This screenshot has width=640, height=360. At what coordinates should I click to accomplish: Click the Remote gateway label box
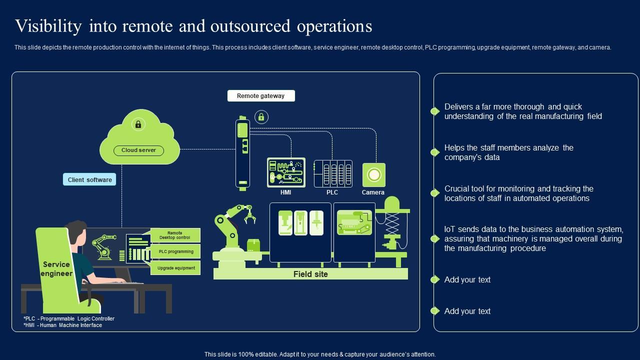point(261,95)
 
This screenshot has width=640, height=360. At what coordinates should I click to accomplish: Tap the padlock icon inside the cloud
point(138,124)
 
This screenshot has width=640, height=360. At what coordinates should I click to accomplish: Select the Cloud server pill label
point(138,150)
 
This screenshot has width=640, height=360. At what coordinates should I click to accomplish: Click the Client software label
point(89,179)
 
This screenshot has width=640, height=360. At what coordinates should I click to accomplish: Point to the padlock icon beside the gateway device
point(261,117)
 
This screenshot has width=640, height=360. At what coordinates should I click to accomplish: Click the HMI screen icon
point(286,172)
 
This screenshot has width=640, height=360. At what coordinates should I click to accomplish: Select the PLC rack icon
point(333,173)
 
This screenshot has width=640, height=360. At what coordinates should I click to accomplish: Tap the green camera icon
point(373,175)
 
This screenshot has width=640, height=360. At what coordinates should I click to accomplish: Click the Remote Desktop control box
point(175,235)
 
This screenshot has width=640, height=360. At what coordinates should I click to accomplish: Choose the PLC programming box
point(175,251)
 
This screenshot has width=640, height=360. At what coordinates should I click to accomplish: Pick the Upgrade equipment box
point(175,268)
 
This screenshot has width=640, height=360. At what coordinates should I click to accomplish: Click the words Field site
point(310,274)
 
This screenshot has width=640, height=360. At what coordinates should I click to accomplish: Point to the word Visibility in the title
point(48,26)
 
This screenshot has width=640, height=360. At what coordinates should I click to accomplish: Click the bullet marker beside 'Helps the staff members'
point(435,152)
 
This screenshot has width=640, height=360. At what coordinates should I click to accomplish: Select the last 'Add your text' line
point(467,311)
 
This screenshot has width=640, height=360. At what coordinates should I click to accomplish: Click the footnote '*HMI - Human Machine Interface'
point(63,325)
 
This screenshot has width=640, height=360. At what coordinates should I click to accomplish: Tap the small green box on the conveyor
point(253,245)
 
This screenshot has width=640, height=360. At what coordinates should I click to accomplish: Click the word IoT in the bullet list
point(450,229)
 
